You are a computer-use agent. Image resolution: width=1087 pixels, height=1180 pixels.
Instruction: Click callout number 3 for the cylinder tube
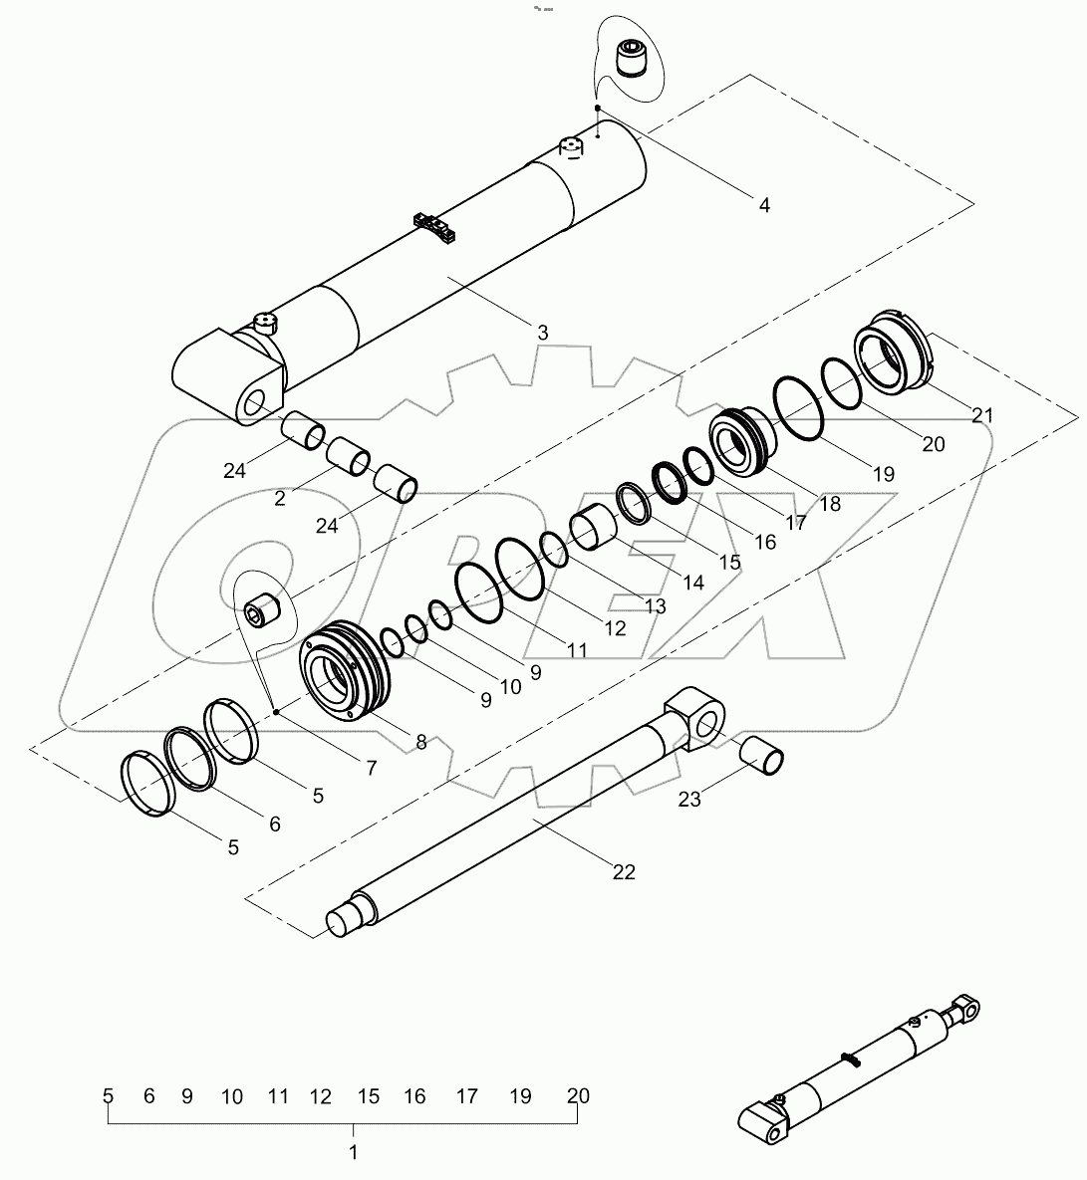(542, 333)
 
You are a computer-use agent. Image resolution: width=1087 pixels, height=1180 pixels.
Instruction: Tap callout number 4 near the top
(764, 206)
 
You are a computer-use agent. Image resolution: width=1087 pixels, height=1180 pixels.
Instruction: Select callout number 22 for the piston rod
(623, 872)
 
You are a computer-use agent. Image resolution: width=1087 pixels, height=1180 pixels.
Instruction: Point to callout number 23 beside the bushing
(689, 798)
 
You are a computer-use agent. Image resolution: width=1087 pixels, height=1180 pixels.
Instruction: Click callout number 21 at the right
(982, 414)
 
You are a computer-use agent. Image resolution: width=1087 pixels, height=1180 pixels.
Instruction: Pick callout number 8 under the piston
(420, 741)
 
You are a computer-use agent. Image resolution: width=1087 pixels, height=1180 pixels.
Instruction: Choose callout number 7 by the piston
(371, 768)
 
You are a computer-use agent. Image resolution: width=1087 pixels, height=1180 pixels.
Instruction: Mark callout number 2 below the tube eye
(279, 498)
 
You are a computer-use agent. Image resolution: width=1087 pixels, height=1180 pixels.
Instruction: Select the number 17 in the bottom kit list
(466, 1096)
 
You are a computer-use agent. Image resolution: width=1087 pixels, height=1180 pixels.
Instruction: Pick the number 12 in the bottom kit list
(320, 1096)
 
